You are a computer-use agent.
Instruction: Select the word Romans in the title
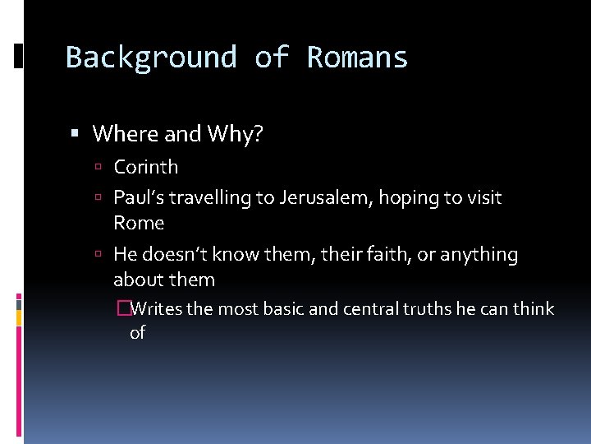[x=357, y=58]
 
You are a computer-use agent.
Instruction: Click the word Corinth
[x=145, y=167]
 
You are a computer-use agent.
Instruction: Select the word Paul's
[x=139, y=197]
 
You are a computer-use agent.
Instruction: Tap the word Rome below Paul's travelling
[x=139, y=223]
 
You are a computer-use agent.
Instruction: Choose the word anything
[x=479, y=255]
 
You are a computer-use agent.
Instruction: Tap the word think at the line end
[x=534, y=309]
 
